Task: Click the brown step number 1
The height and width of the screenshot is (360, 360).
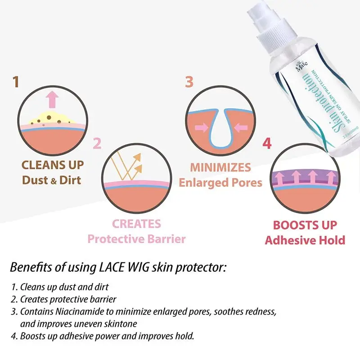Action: (x=16, y=82)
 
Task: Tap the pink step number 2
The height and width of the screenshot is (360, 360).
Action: (x=97, y=144)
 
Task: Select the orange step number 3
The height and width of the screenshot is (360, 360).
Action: (x=189, y=82)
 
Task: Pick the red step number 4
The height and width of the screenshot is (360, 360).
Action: (x=267, y=144)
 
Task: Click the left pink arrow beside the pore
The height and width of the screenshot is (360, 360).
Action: (x=201, y=128)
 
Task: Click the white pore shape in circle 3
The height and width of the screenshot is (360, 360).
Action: (x=221, y=133)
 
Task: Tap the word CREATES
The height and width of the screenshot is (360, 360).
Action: (x=136, y=224)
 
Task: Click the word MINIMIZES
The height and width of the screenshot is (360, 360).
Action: (x=220, y=168)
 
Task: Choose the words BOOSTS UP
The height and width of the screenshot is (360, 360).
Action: (x=305, y=225)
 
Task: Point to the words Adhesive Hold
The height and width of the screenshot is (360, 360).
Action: (x=305, y=240)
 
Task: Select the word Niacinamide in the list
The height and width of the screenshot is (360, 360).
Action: (x=87, y=311)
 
